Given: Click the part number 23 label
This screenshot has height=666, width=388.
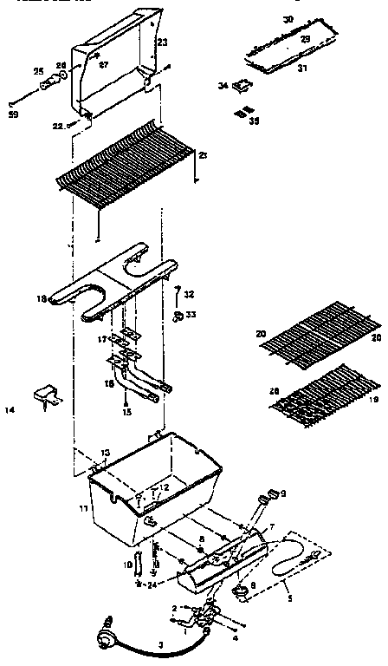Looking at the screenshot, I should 163,41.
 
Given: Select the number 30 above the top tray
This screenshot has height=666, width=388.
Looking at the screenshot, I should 288,18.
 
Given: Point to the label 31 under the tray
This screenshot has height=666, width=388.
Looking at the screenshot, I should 301,69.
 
